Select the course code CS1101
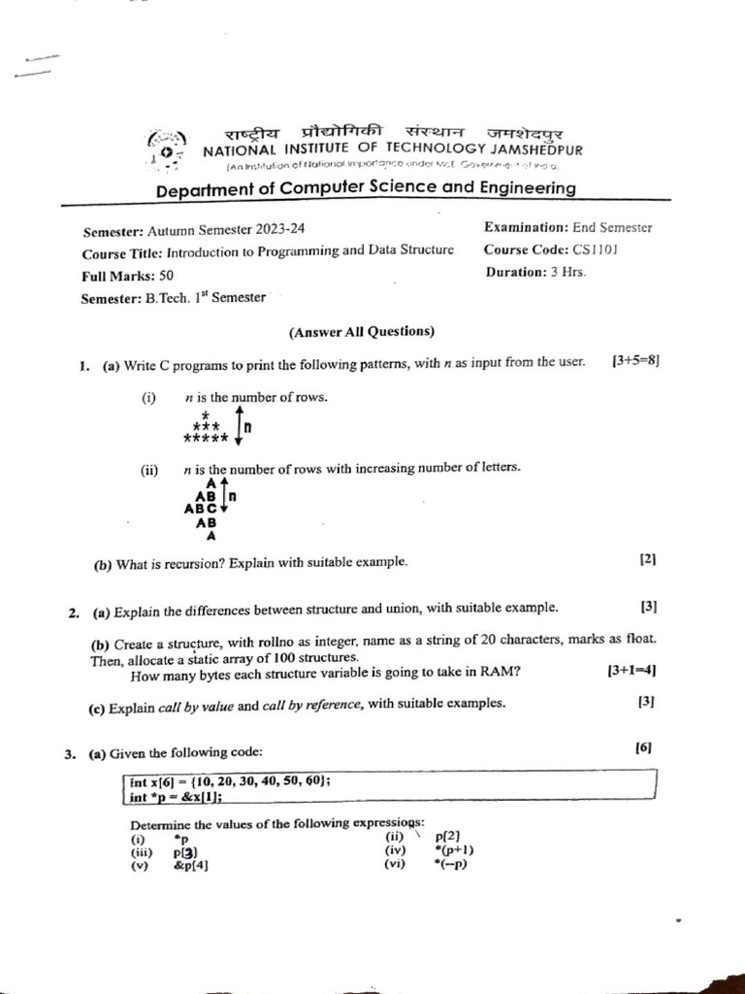pyautogui.click(x=596, y=249)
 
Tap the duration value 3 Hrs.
pyautogui.click(x=567, y=272)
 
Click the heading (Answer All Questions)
pyautogui.click(x=362, y=331)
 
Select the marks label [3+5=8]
pyautogui.click(x=635, y=361)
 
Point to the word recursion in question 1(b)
pyautogui.click(x=178, y=562)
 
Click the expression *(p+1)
pyautogui.click(x=454, y=851)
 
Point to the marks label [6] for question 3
pyautogui.click(x=644, y=747)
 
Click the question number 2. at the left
pyautogui.click(x=75, y=613)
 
